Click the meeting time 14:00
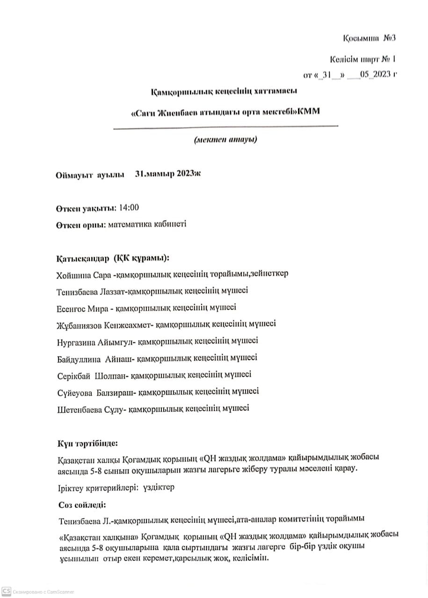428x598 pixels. pyautogui.click(x=129, y=207)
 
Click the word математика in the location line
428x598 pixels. pyautogui.click(x=129, y=224)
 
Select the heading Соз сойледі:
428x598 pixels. pyautogui.click(x=82, y=505)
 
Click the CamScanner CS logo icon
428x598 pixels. pyautogui.click(x=7, y=591)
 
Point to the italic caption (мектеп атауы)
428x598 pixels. pyautogui.click(x=225, y=139)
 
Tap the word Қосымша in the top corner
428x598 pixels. pyautogui.click(x=361, y=37)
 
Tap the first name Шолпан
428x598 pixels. pyautogui.click(x=110, y=375)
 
